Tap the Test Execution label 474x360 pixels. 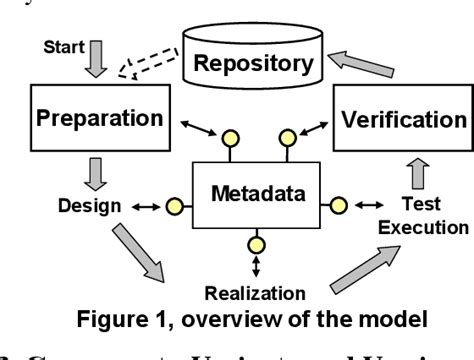click(411, 215)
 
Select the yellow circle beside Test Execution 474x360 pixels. click(339, 206)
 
